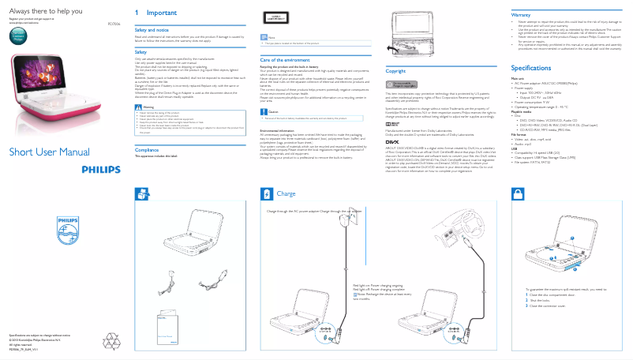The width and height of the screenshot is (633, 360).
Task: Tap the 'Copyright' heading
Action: (395, 71)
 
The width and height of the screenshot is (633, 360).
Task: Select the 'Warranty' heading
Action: (521, 15)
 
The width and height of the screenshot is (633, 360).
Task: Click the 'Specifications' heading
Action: (530, 69)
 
